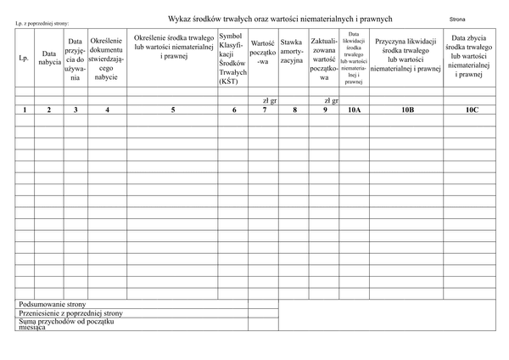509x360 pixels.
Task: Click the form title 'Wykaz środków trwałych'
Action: tap(280, 19)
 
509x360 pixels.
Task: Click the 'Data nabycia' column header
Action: tap(49, 59)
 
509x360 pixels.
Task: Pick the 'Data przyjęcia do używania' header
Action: tap(76, 59)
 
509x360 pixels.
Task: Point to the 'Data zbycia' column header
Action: tap(471, 56)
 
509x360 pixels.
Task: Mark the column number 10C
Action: tap(471, 110)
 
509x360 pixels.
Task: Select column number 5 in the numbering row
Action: tap(173, 110)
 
